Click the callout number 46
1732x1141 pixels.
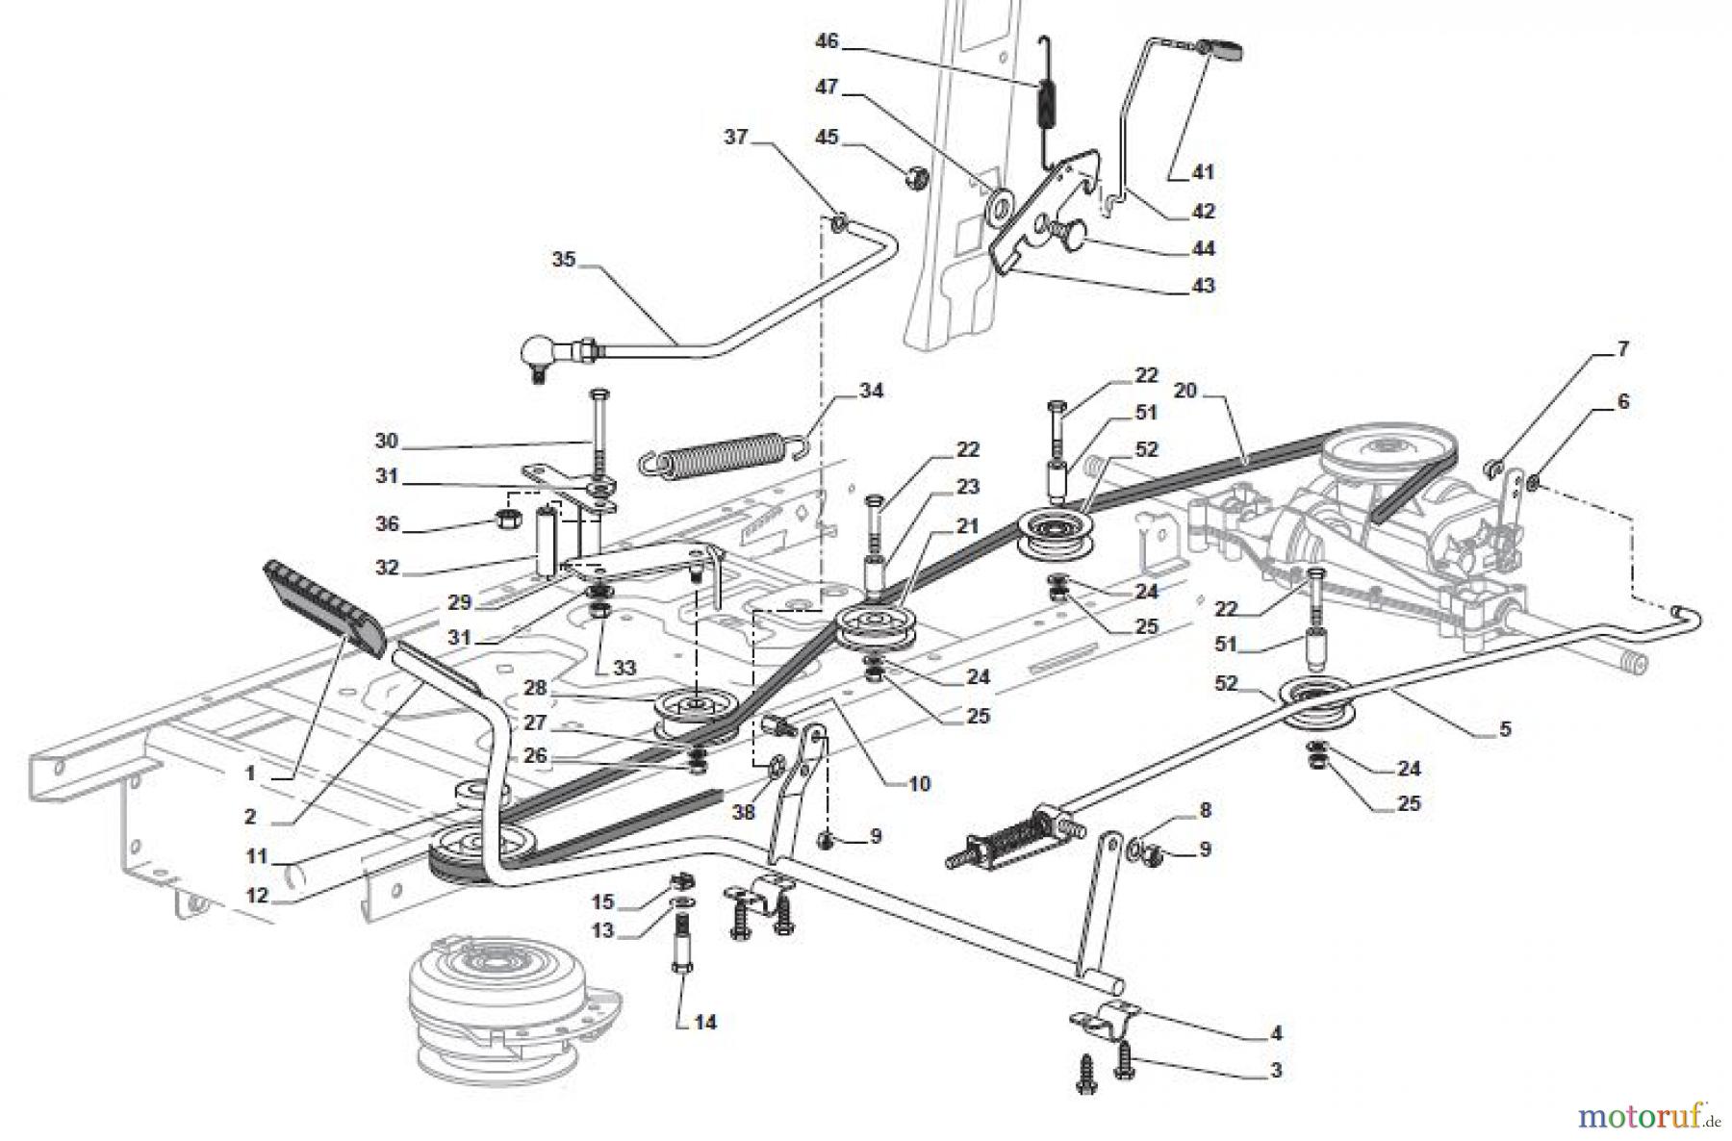click(x=827, y=41)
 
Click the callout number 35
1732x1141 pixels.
click(x=564, y=259)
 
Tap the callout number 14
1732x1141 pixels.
click(x=705, y=1022)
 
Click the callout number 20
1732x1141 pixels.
click(x=1185, y=390)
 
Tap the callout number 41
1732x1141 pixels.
click(x=1203, y=172)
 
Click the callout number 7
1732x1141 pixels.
click(x=1622, y=348)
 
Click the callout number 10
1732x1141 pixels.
click(x=919, y=783)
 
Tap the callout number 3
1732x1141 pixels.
click(x=1275, y=1069)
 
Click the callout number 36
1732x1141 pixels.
click(x=388, y=524)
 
